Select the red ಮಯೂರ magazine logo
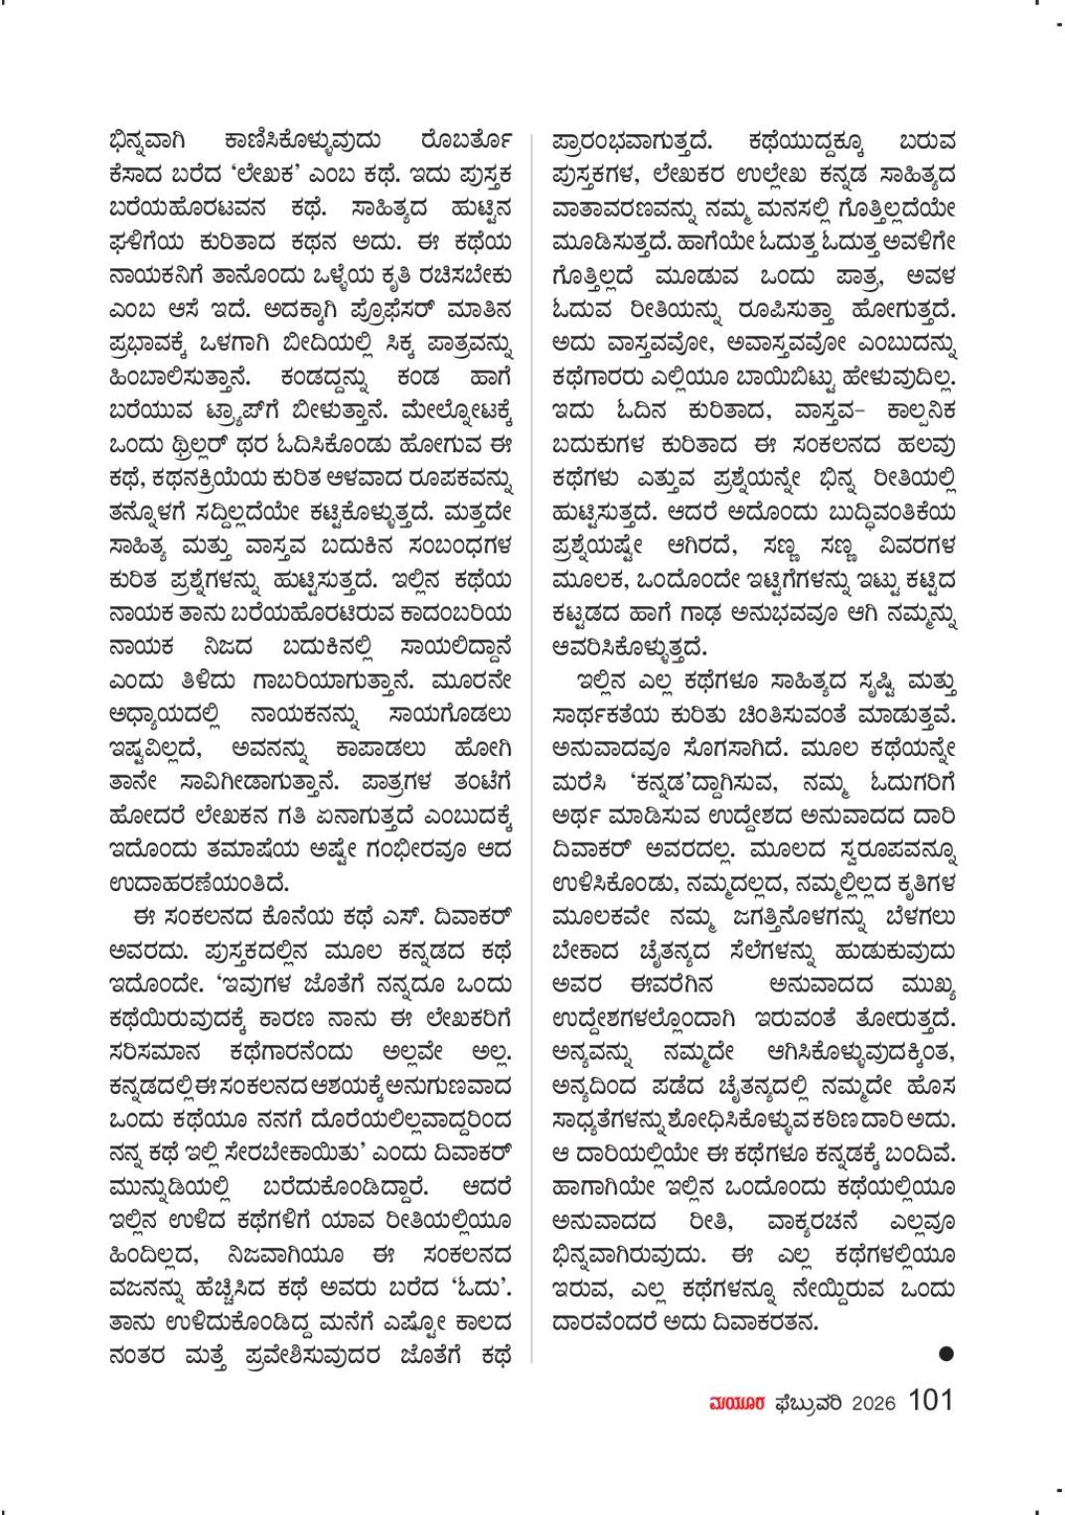coord(733,1403)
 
